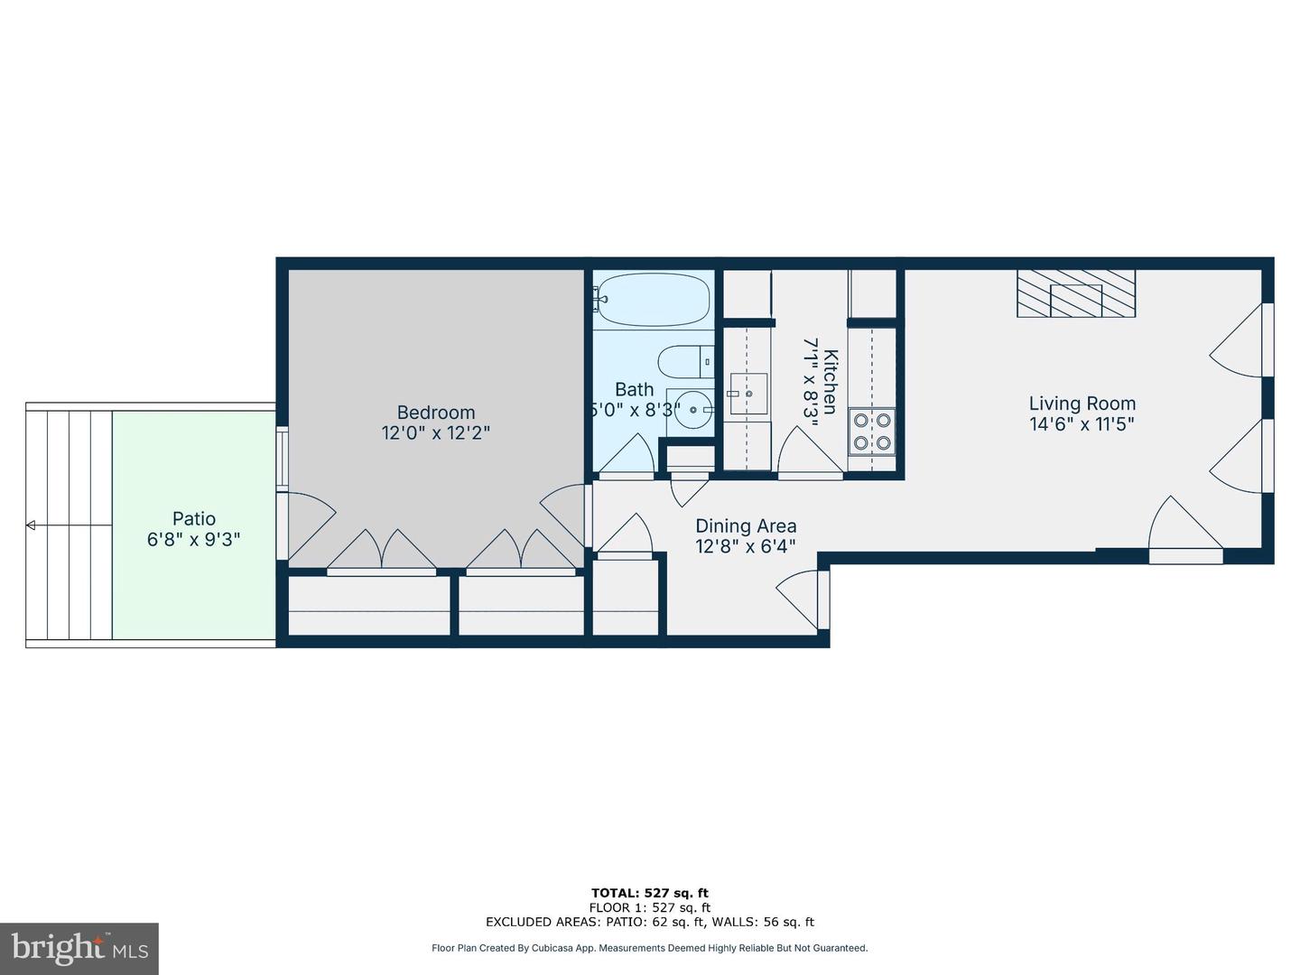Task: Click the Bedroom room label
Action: (x=435, y=413)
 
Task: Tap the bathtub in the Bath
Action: (x=653, y=299)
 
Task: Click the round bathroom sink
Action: (x=692, y=410)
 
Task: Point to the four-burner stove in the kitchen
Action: (x=871, y=431)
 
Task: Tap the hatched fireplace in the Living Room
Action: (x=1076, y=293)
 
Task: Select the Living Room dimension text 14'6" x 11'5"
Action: (x=1082, y=423)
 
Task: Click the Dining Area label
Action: (x=746, y=525)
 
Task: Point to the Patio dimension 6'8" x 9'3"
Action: (x=193, y=540)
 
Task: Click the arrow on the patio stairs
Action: (x=31, y=525)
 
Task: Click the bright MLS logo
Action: (x=79, y=948)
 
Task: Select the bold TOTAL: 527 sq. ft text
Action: (x=649, y=893)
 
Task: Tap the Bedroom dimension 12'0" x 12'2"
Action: (x=435, y=433)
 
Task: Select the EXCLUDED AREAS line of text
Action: (x=649, y=922)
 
